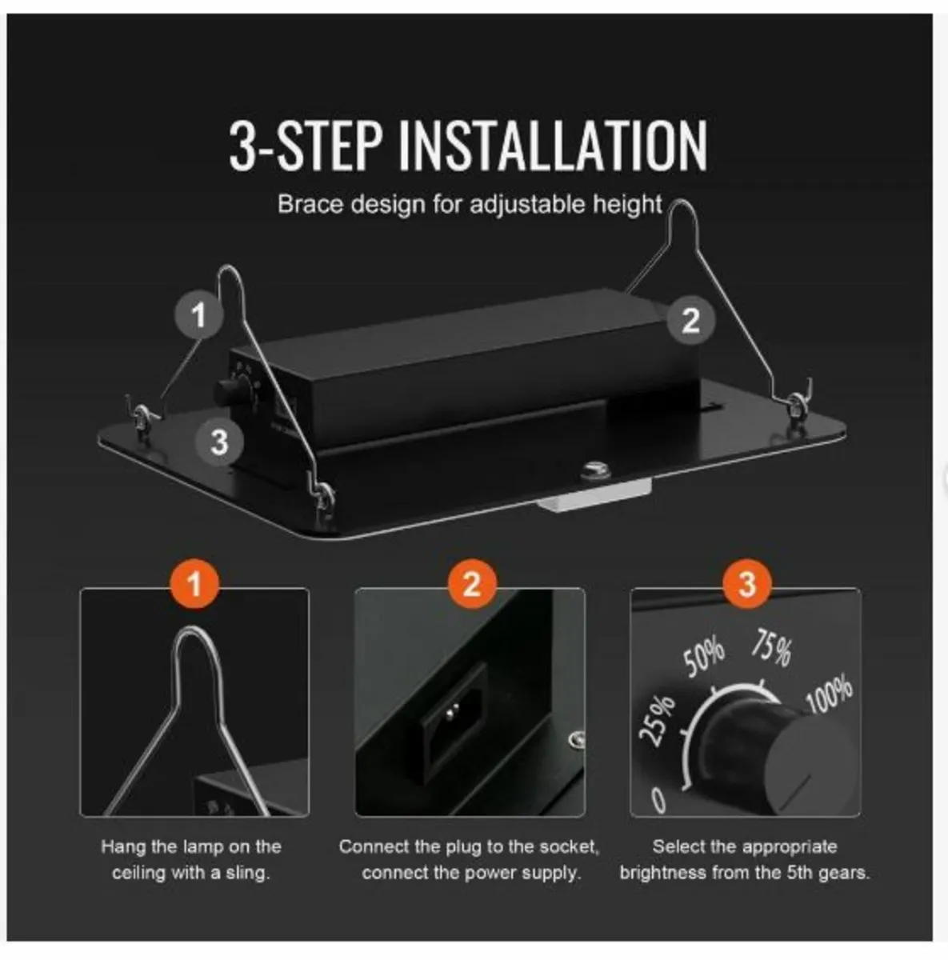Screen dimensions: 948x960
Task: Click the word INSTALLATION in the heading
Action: [553, 146]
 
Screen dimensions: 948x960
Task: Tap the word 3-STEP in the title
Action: [305, 146]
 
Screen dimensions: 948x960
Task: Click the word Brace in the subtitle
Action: [310, 204]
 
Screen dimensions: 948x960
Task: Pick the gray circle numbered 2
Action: [691, 319]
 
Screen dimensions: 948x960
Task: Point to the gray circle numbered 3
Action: [219, 442]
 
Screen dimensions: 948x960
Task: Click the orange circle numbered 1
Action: [195, 584]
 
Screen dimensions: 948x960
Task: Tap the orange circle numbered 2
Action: [471, 584]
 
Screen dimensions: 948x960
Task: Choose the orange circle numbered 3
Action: [746, 584]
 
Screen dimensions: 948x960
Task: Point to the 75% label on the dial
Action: [772, 647]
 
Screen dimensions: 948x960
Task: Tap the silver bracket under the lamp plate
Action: [594, 494]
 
